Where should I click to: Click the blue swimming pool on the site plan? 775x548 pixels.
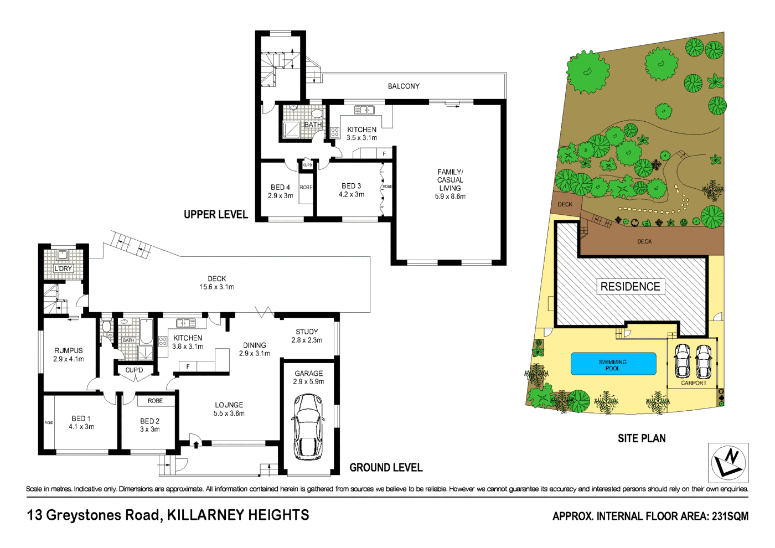[613, 364]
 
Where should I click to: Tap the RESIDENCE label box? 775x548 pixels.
[630, 287]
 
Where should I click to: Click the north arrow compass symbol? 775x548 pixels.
[728, 463]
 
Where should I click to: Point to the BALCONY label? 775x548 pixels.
[404, 86]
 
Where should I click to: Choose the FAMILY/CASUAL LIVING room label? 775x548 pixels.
[450, 184]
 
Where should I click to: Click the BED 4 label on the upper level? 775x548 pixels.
[280, 192]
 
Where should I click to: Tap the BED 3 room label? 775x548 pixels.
[351, 190]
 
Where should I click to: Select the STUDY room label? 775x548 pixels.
[307, 336]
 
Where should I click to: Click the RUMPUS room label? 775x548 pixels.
[69, 355]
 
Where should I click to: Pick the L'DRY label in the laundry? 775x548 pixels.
[63, 268]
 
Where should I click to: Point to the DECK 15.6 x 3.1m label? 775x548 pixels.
[216, 283]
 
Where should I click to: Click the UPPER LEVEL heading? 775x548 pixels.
[216, 215]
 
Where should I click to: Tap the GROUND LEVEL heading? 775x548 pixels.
[386, 468]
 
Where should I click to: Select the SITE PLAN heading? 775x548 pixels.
[642, 438]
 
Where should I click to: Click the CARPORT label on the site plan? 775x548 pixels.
[694, 383]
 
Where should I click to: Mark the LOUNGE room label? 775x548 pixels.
[229, 409]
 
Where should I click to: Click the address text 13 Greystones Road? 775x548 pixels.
[94, 515]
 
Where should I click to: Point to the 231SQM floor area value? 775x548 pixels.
[730, 516]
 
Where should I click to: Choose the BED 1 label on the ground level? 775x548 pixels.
[81, 422]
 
